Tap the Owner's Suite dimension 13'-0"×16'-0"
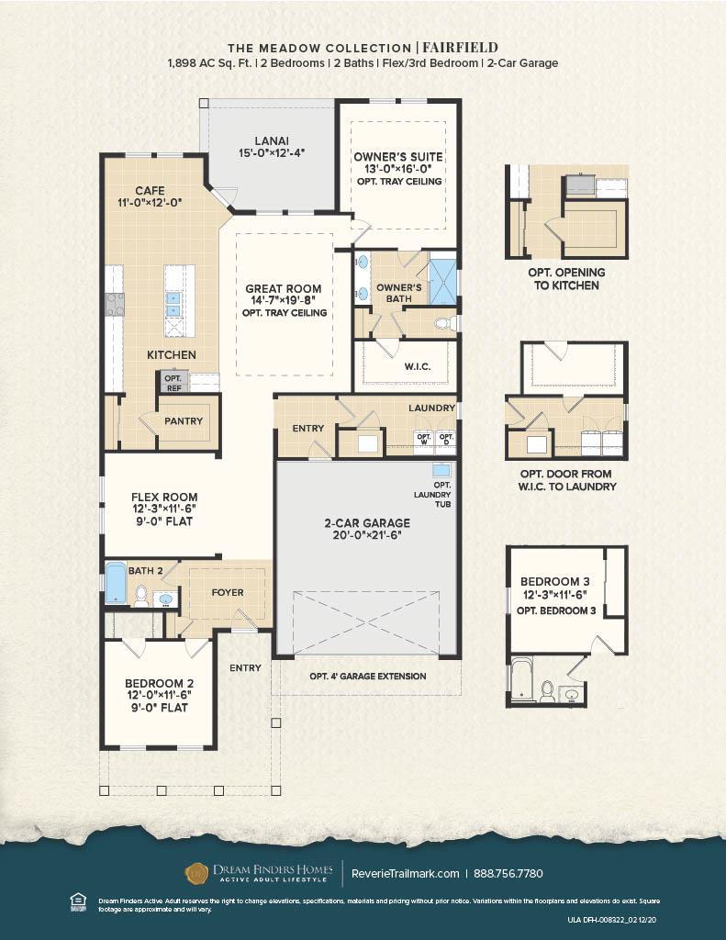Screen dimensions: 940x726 tap(398, 169)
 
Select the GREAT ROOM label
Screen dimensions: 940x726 tap(283, 289)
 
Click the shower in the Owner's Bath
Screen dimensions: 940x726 tap(442, 282)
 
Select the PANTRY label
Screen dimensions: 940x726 tap(183, 421)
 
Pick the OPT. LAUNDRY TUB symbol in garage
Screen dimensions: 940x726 tap(441, 469)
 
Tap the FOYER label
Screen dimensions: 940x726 tap(228, 592)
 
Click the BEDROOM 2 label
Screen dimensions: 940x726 tap(157, 683)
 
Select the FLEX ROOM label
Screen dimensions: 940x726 tap(163, 497)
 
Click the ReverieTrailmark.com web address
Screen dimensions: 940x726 tap(405, 873)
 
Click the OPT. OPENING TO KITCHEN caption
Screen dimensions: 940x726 tap(566, 279)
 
